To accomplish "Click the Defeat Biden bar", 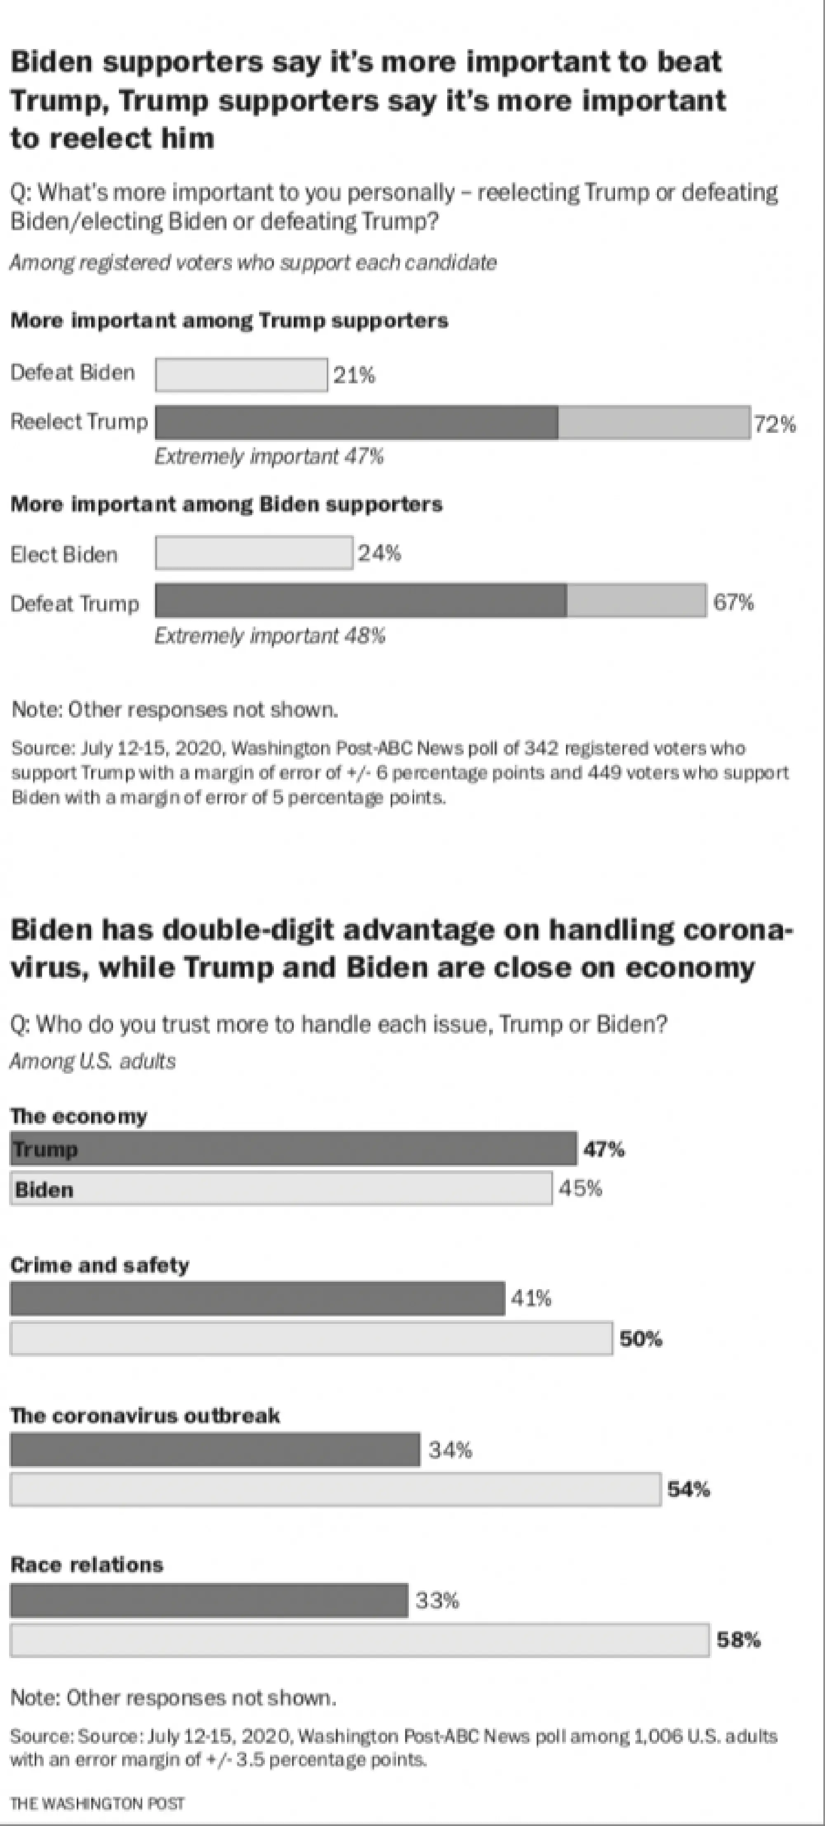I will [x=241, y=374].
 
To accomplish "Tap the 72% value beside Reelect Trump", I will [x=775, y=425].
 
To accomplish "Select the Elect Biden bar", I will [x=254, y=553].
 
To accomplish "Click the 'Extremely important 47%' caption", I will [x=269, y=456].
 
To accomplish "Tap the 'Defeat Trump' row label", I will [x=74, y=604].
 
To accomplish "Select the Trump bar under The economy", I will [x=293, y=1148].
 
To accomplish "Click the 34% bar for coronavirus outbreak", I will [x=215, y=1450].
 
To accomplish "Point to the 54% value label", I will [x=688, y=1489].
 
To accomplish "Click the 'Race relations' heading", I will [x=87, y=1564].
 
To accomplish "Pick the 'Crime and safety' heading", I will [x=100, y=1265].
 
